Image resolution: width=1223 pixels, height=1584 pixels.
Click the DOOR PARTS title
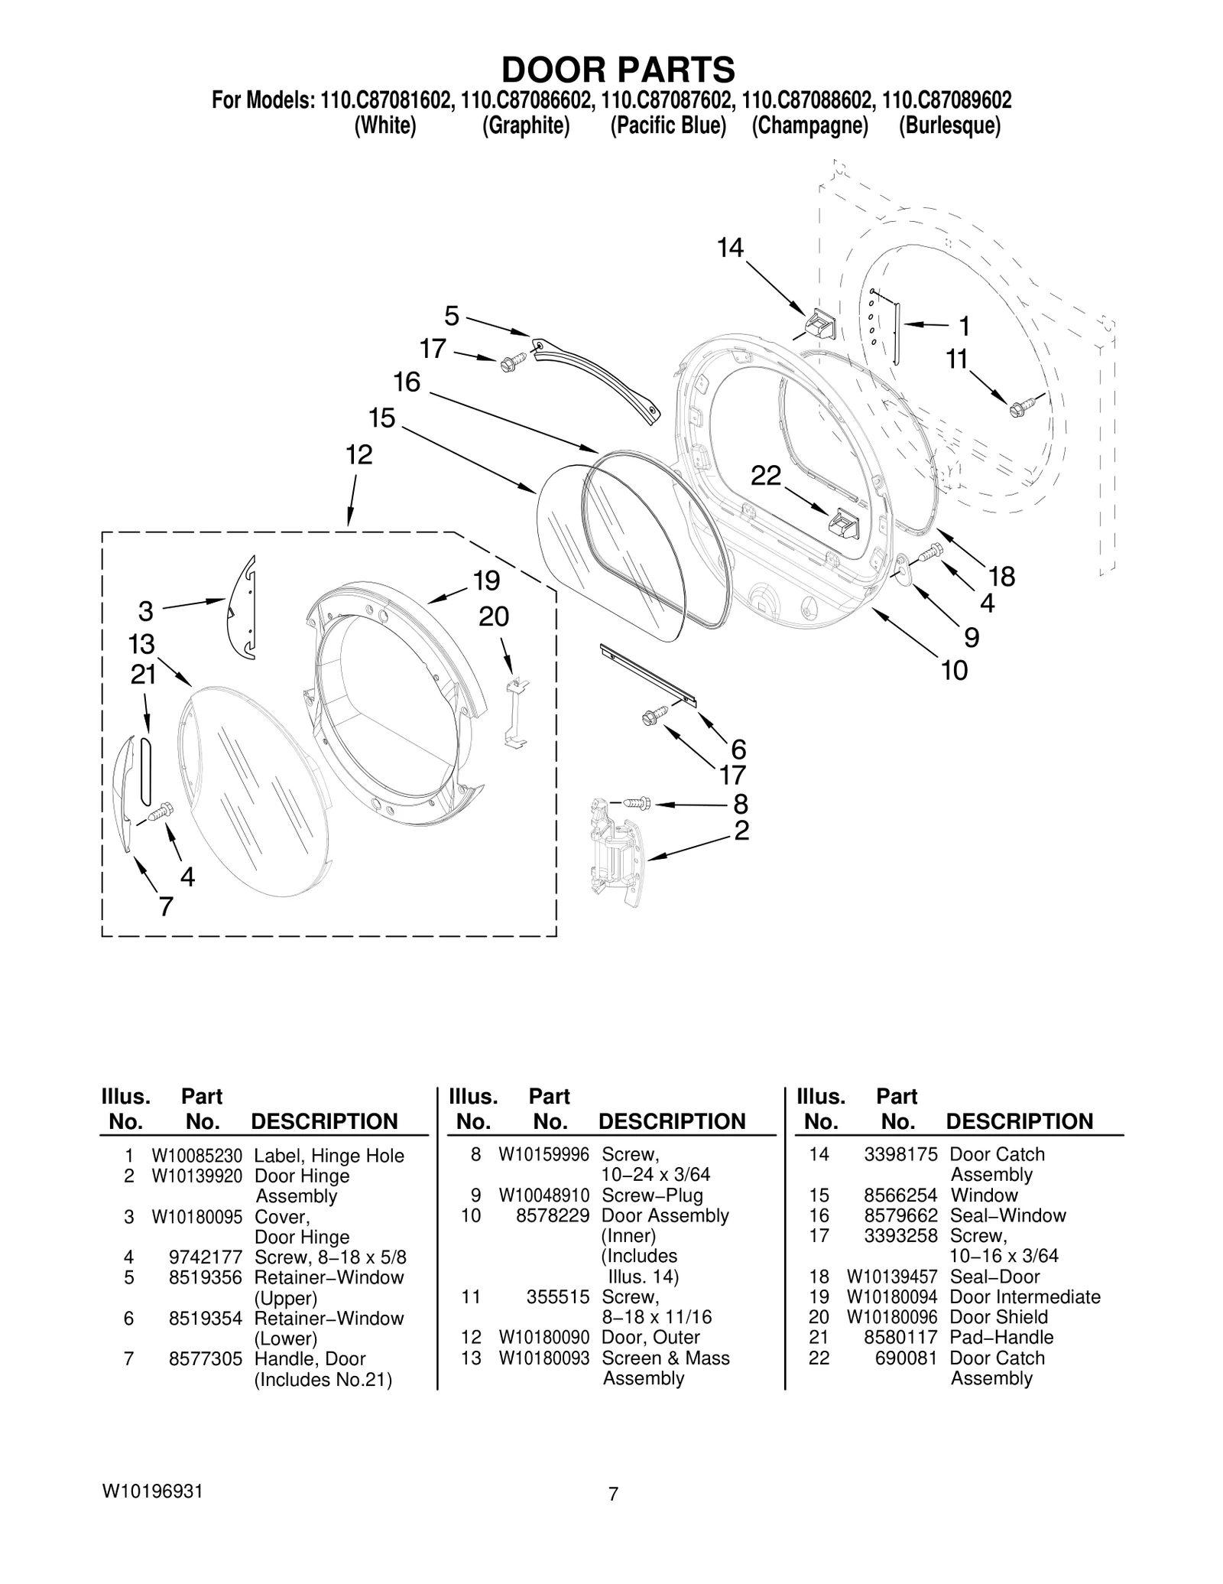point(618,70)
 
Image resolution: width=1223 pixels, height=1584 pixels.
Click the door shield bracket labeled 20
point(517,711)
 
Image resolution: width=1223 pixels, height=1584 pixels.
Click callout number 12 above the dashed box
point(358,455)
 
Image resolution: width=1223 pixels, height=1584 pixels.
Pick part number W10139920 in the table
point(196,1176)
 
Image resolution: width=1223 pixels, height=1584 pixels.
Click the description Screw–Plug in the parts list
point(652,1195)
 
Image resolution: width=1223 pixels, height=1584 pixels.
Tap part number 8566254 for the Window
point(900,1195)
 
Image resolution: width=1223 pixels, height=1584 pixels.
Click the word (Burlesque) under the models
point(949,125)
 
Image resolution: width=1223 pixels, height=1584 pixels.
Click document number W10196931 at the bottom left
point(152,1491)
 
